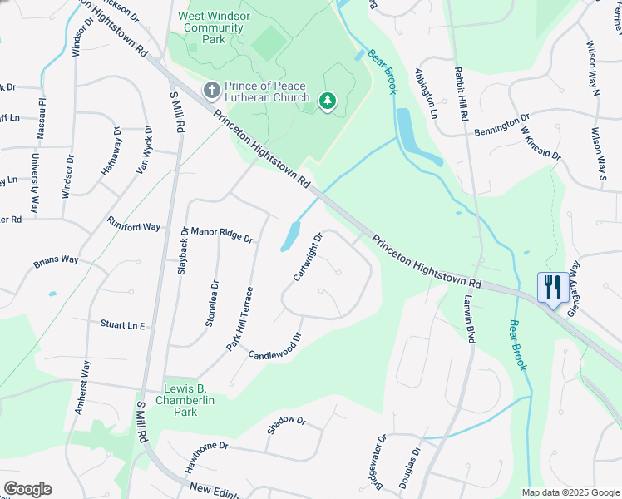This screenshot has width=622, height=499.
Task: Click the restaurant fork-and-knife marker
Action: pos(552,288)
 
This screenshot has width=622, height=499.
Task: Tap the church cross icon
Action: pos(212,89)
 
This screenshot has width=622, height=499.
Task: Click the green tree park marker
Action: pos(328,101)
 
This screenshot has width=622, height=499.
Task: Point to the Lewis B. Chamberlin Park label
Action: pos(180,400)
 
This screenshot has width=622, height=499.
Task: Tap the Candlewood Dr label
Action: pos(274,348)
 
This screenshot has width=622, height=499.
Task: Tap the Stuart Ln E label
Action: pos(123,325)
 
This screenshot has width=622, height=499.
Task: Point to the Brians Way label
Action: pos(56,261)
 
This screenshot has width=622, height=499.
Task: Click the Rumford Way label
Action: pos(134,225)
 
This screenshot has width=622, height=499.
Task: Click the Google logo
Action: pos(27,489)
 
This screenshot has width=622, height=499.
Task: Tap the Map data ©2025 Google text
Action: pos(570,492)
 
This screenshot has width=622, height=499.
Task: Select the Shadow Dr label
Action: pos(287,425)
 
